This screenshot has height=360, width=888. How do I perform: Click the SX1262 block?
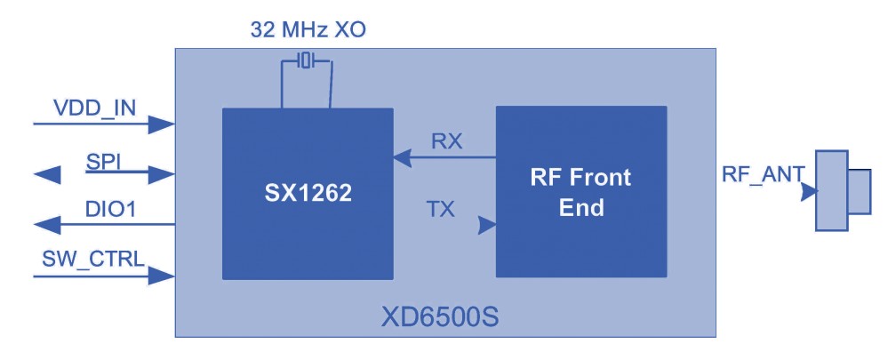307,193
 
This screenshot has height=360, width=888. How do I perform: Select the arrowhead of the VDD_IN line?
163,124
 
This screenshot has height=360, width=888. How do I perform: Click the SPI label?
103,160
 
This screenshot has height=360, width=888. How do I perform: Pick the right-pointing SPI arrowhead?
163,174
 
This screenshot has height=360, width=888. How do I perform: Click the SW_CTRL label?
93,260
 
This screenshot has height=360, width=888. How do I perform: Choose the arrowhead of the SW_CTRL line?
163,276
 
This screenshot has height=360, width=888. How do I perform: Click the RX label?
445,141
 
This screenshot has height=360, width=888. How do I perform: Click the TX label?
440,209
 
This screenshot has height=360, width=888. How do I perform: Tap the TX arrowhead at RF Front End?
486,226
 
